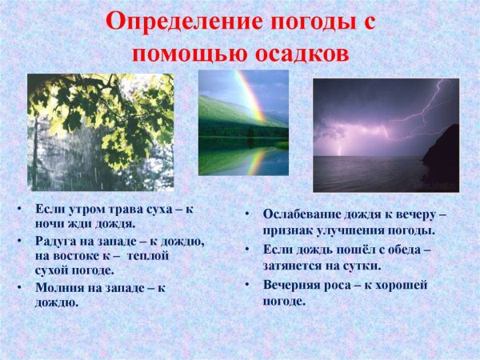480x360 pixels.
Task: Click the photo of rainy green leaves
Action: coord(100,132)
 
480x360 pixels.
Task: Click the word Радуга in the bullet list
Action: coord(57,242)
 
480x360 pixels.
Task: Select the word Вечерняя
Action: coord(295,284)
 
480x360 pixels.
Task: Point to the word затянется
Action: coord(295,266)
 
